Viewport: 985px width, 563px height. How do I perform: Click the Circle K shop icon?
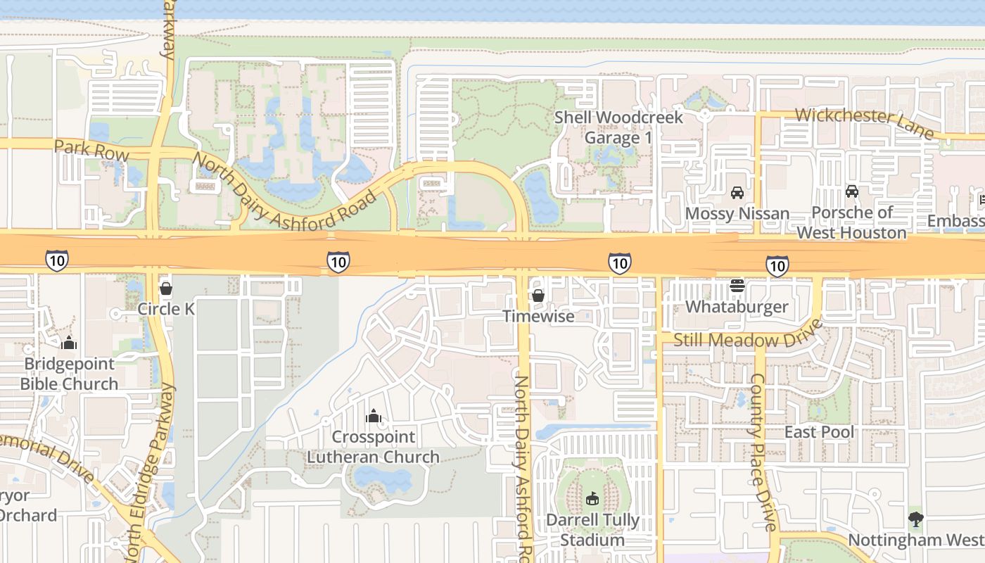(x=166, y=289)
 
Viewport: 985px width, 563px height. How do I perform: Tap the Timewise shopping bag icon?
(x=538, y=296)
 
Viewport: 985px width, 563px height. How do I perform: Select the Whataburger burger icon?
(x=737, y=285)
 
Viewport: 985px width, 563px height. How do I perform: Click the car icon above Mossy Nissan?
(x=737, y=192)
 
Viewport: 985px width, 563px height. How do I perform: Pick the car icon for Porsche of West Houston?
(x=851, y=191)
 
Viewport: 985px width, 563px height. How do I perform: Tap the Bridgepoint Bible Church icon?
(x=69, y=343)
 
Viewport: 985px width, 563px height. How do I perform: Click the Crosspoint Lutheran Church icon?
(x=374, y=416)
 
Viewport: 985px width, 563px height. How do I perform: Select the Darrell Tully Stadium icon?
(x=592, y=498)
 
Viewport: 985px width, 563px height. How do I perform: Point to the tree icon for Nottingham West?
(x=915, y=519)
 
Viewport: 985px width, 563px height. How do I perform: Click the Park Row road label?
(x=91, y=150)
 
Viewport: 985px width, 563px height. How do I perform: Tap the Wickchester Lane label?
(x=865, y=123)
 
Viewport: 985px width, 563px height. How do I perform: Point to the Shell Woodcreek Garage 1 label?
(x=618, y=127)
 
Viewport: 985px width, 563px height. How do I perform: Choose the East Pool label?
(x=819, y=432)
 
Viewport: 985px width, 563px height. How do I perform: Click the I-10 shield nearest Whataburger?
(x=777, y=266)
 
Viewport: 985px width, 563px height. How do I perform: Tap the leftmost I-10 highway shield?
(x=57, y=260)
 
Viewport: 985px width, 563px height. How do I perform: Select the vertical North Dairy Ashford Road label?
(x=522, y=468)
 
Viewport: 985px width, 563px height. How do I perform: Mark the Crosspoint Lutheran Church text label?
(x=374, y=447)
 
